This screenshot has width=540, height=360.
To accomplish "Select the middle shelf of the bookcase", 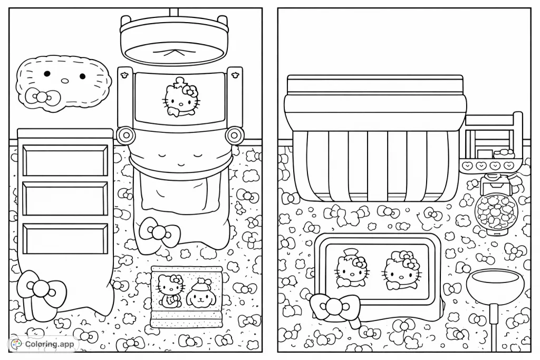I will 65,199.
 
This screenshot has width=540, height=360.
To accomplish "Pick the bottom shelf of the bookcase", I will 65,238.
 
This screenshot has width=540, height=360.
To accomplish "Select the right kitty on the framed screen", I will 401,270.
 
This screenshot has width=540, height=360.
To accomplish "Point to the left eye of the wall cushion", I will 47,74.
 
